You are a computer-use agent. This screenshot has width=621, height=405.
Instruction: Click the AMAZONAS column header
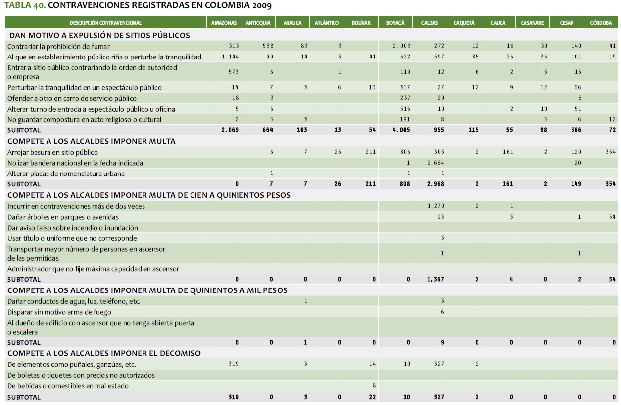tap(224, 23)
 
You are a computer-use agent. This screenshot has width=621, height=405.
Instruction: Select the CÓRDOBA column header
tap(601, 23)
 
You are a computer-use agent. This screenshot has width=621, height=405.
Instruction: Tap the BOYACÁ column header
tap(395, 23)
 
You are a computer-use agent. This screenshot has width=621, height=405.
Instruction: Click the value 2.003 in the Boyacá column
tap(402, 46)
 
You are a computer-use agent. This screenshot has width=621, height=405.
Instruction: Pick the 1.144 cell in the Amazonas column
tap(230, 57)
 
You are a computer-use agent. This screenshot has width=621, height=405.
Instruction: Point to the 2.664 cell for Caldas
tap(435, 163)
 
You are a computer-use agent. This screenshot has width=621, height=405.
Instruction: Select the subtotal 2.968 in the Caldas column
tap(435, 184)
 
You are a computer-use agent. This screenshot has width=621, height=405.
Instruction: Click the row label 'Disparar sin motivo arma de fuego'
tap(59, 312)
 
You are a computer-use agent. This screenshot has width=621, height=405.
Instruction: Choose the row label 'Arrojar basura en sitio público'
tap(52, 153)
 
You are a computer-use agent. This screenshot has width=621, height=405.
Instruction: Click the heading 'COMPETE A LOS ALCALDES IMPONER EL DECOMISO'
tap(104, 353)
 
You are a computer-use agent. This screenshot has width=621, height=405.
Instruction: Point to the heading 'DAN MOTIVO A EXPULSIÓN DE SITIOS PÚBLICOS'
tap(98, 35)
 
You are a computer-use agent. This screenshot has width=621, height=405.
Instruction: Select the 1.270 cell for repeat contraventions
tap(435, 206)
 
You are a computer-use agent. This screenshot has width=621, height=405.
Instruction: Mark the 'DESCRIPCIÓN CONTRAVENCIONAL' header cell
tap(105, 23)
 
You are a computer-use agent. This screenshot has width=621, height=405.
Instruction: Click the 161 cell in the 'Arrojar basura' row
tap(508, 152)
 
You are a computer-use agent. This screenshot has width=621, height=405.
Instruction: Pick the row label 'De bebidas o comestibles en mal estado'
tap(68, 386)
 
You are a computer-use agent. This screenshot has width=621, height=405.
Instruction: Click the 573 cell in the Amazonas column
tap(234, 72)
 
